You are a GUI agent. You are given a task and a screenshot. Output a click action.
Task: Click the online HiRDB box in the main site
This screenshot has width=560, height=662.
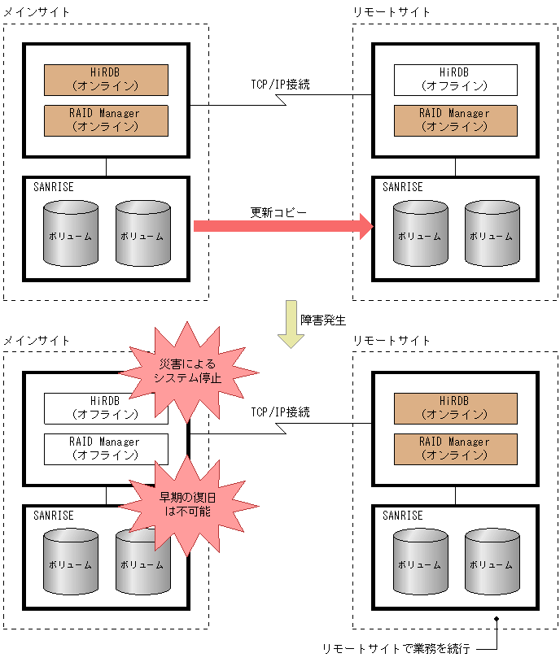[x=106, y=80]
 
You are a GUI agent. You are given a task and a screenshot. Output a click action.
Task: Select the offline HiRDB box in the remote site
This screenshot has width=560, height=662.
[x=455, y=80]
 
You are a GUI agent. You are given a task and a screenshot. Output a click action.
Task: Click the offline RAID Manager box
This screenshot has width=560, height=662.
[x=106, y=449]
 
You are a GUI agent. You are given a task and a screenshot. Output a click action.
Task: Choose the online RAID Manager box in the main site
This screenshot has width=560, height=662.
[x=106, y=120]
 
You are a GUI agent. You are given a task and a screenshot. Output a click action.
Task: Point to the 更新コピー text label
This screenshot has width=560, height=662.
[x=278, y=212]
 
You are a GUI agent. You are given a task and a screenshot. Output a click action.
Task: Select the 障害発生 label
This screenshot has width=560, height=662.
[x=322, y=320]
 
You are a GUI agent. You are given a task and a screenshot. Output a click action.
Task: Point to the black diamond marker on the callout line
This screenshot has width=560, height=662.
[x=496, y=621]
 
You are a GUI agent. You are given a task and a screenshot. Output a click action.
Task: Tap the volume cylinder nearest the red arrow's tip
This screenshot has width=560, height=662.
[x=420, y=234]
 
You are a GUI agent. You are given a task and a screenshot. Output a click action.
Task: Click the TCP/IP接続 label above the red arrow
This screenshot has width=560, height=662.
[x=280, y=84]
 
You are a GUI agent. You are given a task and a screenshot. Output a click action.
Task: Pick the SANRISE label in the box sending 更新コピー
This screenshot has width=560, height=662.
[x=54, y=187]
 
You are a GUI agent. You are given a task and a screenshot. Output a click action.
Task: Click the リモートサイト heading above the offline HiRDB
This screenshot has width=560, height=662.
[x=392, y=12]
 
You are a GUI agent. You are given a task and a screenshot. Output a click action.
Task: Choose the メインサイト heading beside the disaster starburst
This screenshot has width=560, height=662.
[x=37, y=340]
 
